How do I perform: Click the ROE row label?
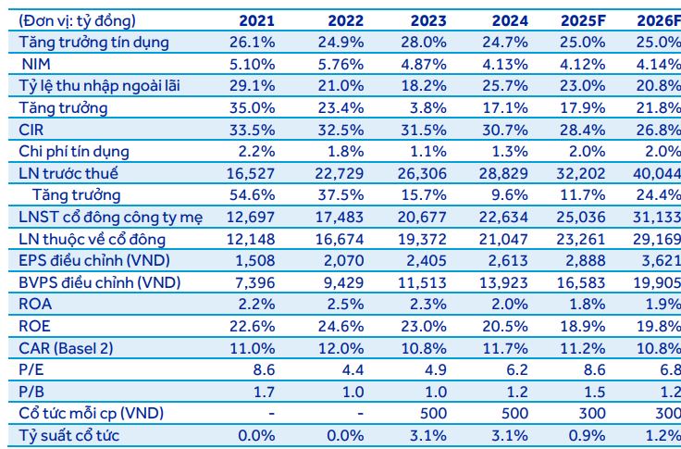[x=35, y=325]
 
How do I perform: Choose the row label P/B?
[x=31, y=391]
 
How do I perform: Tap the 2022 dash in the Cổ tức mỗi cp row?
[x=359, y=413]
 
